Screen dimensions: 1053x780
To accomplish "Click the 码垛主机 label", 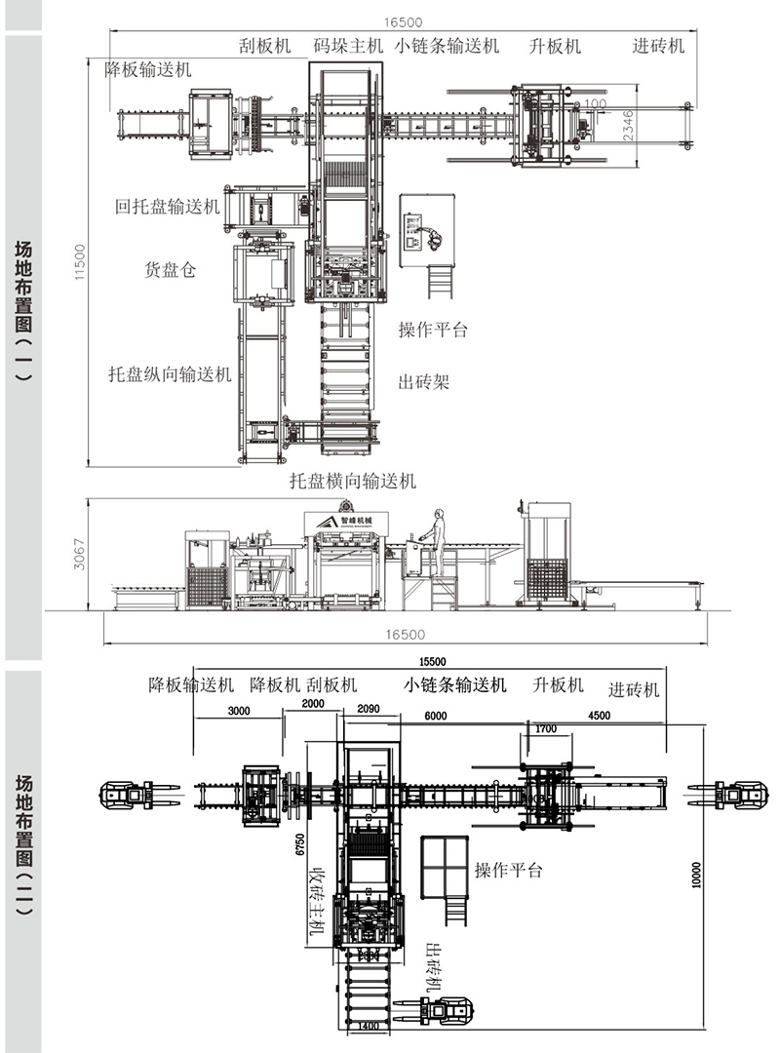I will (349, 46).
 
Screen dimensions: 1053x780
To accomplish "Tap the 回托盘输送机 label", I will (168, 207).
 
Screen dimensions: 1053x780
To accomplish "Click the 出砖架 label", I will (424, 381).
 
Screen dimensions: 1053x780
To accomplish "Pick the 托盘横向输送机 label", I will (353, 481).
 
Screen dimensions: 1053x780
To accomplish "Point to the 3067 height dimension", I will (81, 554).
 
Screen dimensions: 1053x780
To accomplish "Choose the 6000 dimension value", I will (435, 716).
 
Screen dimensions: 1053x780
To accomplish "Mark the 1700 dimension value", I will (545, 728).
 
